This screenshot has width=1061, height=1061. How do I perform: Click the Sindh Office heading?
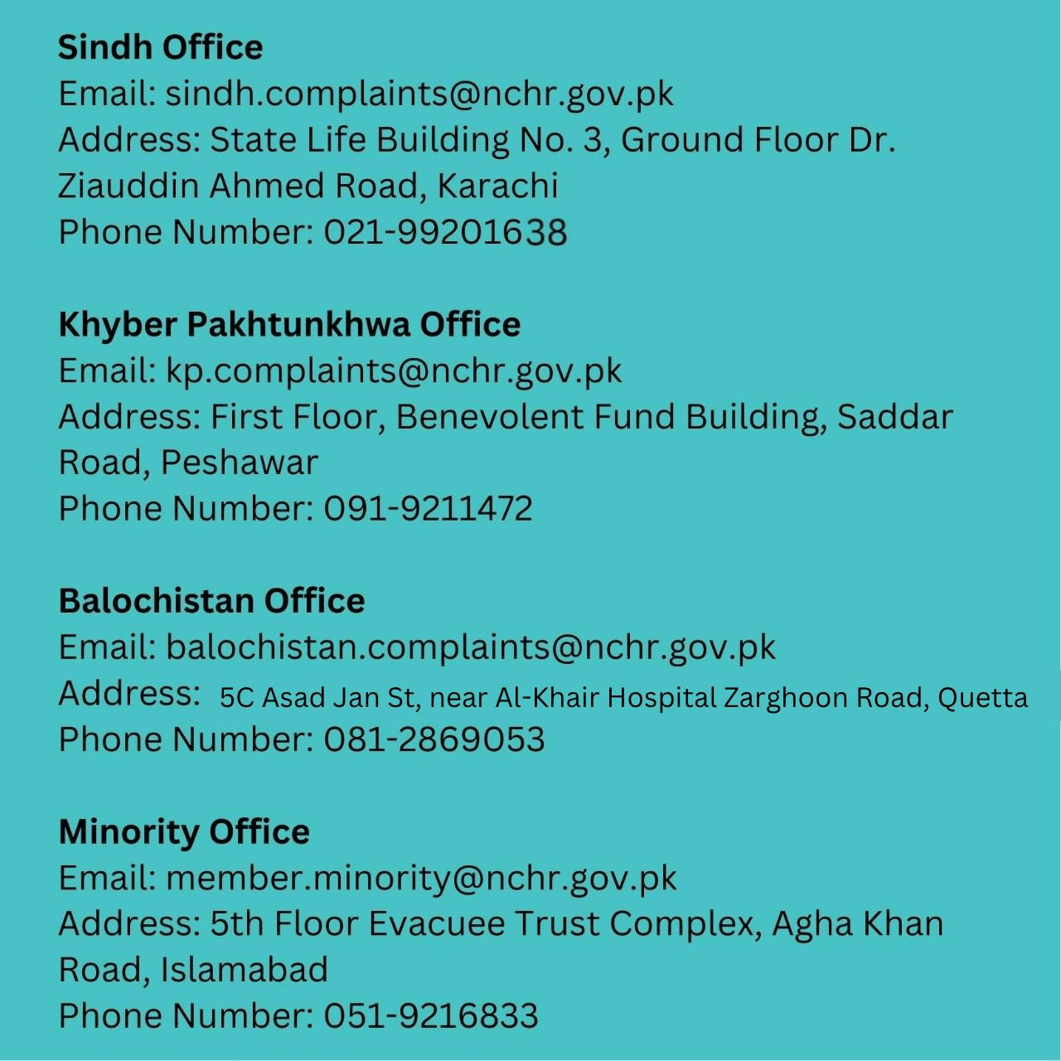[160, 47]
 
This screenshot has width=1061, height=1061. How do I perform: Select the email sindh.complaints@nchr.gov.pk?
[419, 94]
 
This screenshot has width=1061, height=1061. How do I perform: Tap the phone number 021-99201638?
[445, 232]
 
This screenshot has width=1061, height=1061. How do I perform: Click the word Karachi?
[497, 186]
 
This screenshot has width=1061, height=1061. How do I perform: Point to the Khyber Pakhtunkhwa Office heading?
[289, 324]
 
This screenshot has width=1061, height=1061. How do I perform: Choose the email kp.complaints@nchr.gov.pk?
[393, 371]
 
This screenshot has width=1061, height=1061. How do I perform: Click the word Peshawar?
[240, 463]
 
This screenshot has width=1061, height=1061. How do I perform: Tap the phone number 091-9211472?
[428, 509]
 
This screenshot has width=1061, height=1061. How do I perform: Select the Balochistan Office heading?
[211, 601]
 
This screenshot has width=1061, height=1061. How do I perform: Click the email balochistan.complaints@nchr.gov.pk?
[470, 647]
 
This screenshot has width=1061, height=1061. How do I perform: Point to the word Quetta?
[982, 698]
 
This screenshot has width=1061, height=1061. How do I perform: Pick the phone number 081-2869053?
[434, 739]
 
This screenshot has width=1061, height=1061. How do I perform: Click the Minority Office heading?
[184, 831]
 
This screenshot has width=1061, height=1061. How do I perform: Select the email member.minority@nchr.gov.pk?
[421, 878]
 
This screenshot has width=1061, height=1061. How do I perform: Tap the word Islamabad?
[245, 970]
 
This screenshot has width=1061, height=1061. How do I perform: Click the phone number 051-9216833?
[430, 1016]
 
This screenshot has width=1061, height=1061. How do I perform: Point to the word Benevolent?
[490, 416]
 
